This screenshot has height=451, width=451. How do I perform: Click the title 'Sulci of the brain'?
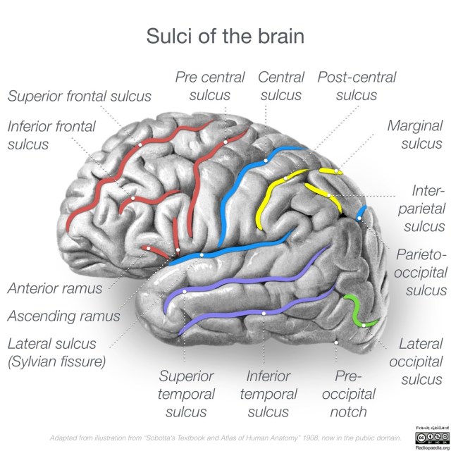pyautogui.click(x=225, y=36)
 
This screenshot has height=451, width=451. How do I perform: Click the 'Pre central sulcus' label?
pyautogui.click(x=210, y=86)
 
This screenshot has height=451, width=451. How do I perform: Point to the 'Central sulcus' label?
pyautogui.click(x=281, y=86)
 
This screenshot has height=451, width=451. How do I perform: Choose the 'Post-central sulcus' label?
pyautogui.click(x=357, y=86)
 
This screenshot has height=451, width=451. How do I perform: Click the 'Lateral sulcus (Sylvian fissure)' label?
pyautogui.click(x=56, y=354)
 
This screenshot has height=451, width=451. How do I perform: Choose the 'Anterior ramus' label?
pyautogui.click(x=55, y=288)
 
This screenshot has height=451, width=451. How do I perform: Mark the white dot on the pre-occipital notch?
pyautogui.click(x=338, y=342)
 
